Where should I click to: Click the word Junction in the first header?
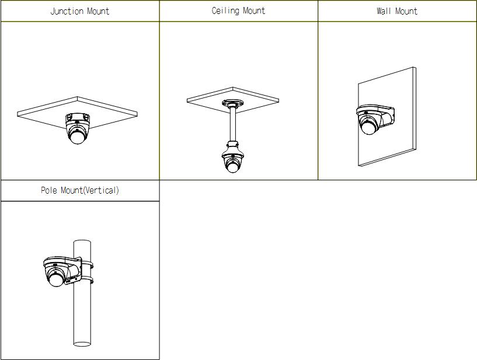[x=67, y=11]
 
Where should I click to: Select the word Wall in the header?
[x=384, y=11]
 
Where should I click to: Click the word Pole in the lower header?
[x=48, y=190]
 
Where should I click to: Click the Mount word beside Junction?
[x=98, y=11]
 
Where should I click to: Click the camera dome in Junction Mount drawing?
[x=77, y=133]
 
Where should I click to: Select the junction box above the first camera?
[x=78, y=117]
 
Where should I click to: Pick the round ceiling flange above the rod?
[x=233, y=103]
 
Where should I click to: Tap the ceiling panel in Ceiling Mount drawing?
[x=233, y=98]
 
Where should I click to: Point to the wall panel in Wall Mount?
[x=387, y=117]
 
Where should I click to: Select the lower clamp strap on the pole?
[x=87, y=280]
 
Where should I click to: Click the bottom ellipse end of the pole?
[x=82, y=344]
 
